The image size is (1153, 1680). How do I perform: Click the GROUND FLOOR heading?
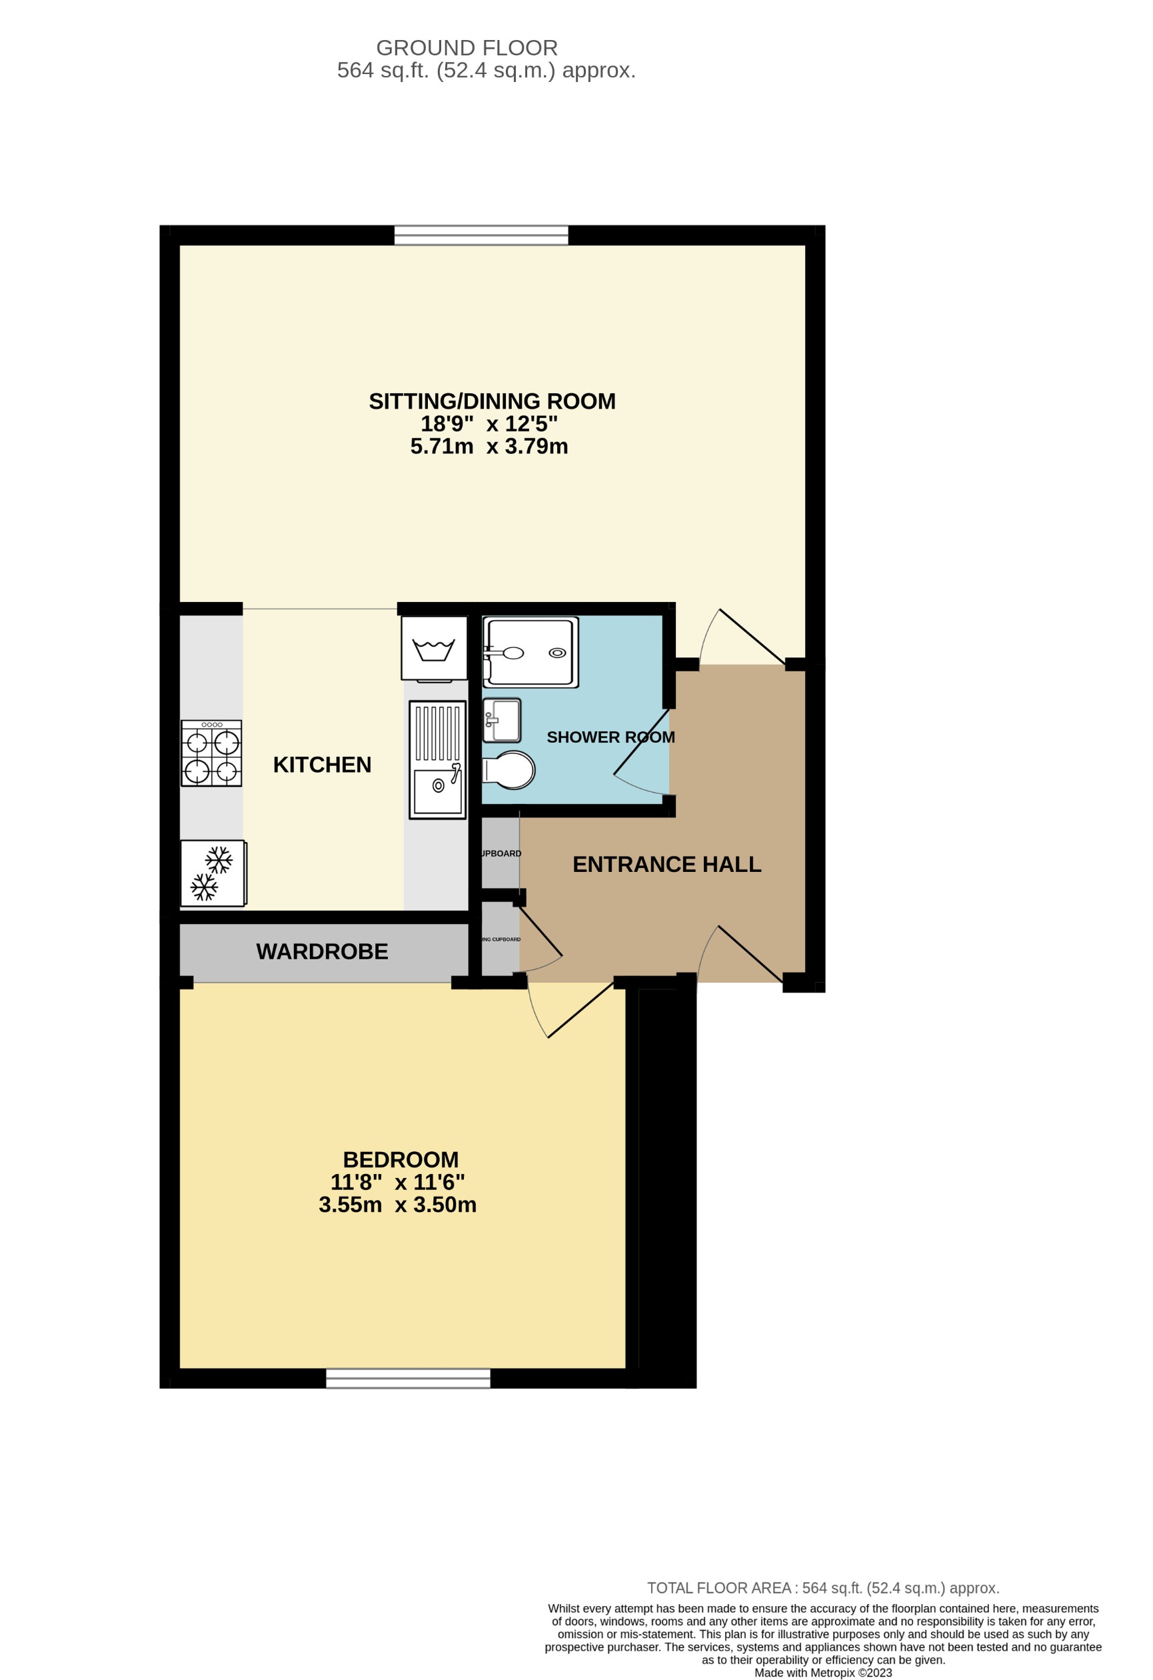point(467,48)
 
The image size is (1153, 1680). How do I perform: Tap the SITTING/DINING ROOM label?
point(492,401)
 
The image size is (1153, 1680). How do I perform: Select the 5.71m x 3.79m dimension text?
point(489,446)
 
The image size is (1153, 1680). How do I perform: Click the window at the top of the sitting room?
point(481,235)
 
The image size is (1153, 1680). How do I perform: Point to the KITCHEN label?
point(322,764)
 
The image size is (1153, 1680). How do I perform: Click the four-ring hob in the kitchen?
point(211,753)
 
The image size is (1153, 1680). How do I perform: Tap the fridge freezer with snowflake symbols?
point(213,873)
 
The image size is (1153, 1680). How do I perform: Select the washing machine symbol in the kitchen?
point(434,649)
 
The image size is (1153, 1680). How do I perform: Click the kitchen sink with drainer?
point(437,760)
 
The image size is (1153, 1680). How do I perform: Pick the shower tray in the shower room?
point(530,652)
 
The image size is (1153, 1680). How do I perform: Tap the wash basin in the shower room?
point(502,720)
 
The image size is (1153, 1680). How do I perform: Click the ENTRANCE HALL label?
point(666,864)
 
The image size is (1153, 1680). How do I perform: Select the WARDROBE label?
point(322,951)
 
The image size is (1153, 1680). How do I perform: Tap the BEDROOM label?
point(401,1159)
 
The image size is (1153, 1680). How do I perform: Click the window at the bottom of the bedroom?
point(408,1379)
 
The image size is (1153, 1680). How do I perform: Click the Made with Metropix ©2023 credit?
point(822,1672)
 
